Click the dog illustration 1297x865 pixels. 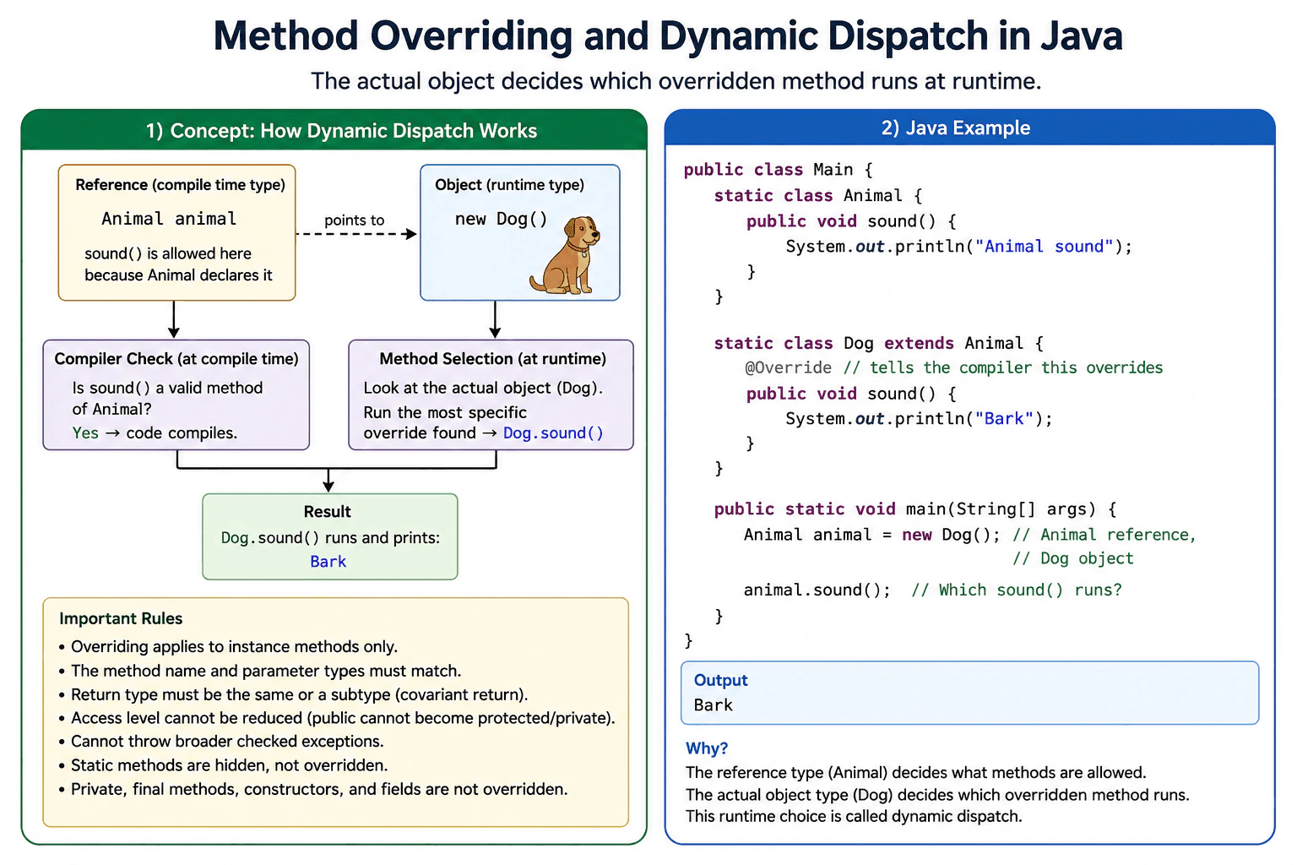(x=565, y=255)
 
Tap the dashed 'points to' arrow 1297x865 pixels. (x=356, y=234)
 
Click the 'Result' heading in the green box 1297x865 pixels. (x=327, y=512)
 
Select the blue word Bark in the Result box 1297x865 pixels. (x=328, y=562)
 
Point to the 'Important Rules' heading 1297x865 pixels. (x=121, y=618)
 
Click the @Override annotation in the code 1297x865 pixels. (x=788, y=367)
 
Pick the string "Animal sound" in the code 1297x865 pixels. (x=1044, y=246)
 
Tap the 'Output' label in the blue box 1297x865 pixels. (x=720, y=680)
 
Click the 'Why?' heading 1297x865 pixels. (x=707, y=748)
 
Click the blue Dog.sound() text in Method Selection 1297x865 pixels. (x=553, y=432)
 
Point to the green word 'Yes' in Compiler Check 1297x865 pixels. (x=85, y=432)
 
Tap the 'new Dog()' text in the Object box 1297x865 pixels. (x=501, y=219)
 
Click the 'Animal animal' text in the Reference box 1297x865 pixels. (x=169, y=219)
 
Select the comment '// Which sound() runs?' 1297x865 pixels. (x=1016, y=590)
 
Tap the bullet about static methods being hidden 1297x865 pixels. (x=229, y=765)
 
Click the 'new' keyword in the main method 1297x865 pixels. (x=916, y=534)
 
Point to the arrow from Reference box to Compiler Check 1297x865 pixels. (x=174, y=319)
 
